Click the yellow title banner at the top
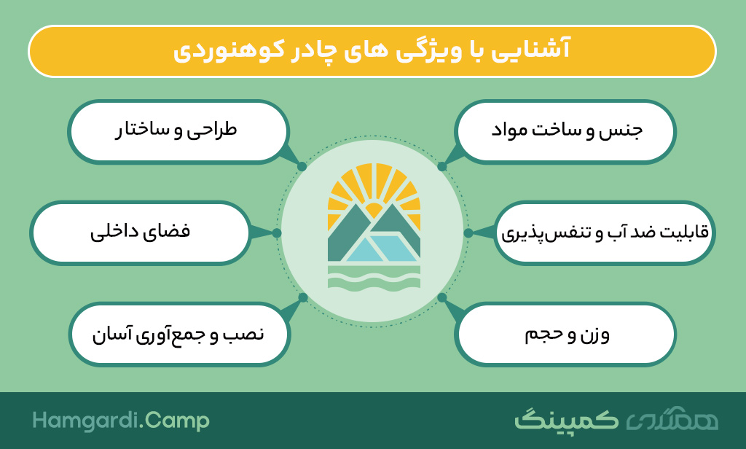click(x=372, y=51)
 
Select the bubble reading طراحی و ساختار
click(x=178, y=132)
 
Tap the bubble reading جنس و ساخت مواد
click(x=565, y=132)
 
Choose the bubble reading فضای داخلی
click(x=141, y=233)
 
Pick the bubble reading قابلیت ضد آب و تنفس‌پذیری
click(x=605, y=233)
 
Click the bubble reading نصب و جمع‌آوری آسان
click(x=179, y=335)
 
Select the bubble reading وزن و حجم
click(x=565, y=335)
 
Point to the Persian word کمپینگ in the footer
click(x=566, y=420)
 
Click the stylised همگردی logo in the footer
click(x=672, y=419)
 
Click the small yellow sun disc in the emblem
click(x=373, y=210)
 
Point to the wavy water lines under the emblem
click(x=374, y=277)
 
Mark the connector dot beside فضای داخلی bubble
click(x=277, y=233)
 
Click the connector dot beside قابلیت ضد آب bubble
click(x=468, y=233)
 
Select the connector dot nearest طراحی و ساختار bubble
click(x=302, y=167)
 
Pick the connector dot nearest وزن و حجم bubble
click(x=442, y=297)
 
